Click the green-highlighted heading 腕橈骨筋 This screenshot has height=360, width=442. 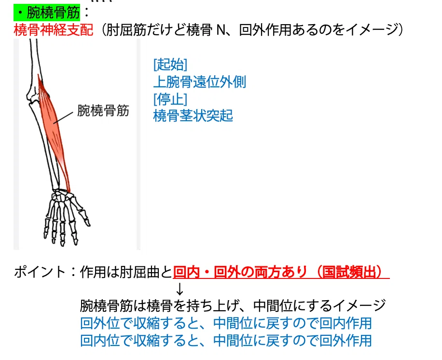click(53, 13)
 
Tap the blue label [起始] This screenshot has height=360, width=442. click(170, 65)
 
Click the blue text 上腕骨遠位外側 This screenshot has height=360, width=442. click(200, 82)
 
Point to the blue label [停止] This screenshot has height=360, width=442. click(170, 99)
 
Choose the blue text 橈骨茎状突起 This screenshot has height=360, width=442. click(193, 116)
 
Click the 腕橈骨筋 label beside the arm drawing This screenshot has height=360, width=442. click(103, 111)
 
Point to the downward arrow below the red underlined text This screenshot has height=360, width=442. click(180, 289)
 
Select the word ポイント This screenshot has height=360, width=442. click(40, 272)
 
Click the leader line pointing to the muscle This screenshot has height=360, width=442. click(63, 117)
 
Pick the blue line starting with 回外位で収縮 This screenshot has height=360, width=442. click(226, 323)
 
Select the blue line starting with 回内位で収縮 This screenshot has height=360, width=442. click(226, 341)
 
